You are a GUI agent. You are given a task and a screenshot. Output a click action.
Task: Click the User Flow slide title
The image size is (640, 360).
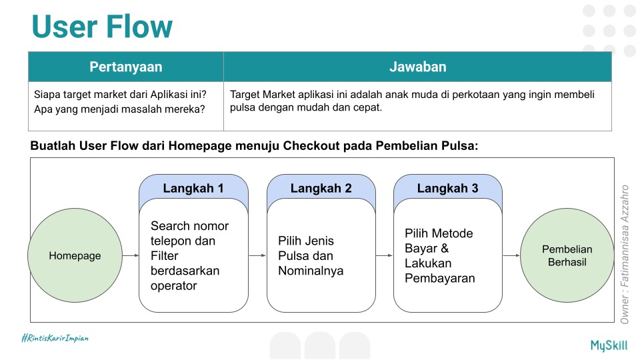[x=102, y=27]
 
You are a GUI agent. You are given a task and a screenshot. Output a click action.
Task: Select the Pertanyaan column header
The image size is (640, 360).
[x=126, y=67]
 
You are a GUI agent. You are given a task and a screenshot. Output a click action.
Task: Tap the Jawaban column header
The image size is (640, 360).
[x=417, y=67]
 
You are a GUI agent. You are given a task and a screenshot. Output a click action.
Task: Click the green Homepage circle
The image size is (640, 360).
[x=75, y=256]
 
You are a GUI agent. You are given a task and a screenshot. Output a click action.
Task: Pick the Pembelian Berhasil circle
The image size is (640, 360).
[x=567, y=256]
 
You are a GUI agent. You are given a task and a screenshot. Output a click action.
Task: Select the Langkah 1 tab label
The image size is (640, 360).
[x=193, y=188]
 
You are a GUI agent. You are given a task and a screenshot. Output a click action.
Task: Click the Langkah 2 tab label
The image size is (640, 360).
[x=321, y=188]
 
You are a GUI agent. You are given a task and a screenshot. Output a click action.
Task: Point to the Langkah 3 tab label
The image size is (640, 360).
[x=448, y=188]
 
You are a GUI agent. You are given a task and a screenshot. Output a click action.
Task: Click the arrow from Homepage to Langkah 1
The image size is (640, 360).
[x=131, y=255]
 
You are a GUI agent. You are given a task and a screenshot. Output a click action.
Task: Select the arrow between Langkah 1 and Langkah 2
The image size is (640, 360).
[x=257, y=255]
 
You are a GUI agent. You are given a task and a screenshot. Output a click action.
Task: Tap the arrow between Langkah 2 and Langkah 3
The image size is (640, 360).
[x=384, y=255]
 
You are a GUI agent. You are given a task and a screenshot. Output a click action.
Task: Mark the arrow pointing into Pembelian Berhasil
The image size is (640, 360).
[x=511, y=255]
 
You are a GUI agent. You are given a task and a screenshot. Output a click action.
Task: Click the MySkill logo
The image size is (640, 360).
[x=609, y=345]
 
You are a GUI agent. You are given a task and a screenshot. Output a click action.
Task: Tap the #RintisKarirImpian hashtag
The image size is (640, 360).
[x=55, y=339]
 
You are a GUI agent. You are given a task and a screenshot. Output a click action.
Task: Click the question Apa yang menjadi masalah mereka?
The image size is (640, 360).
[x=119, y=109]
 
